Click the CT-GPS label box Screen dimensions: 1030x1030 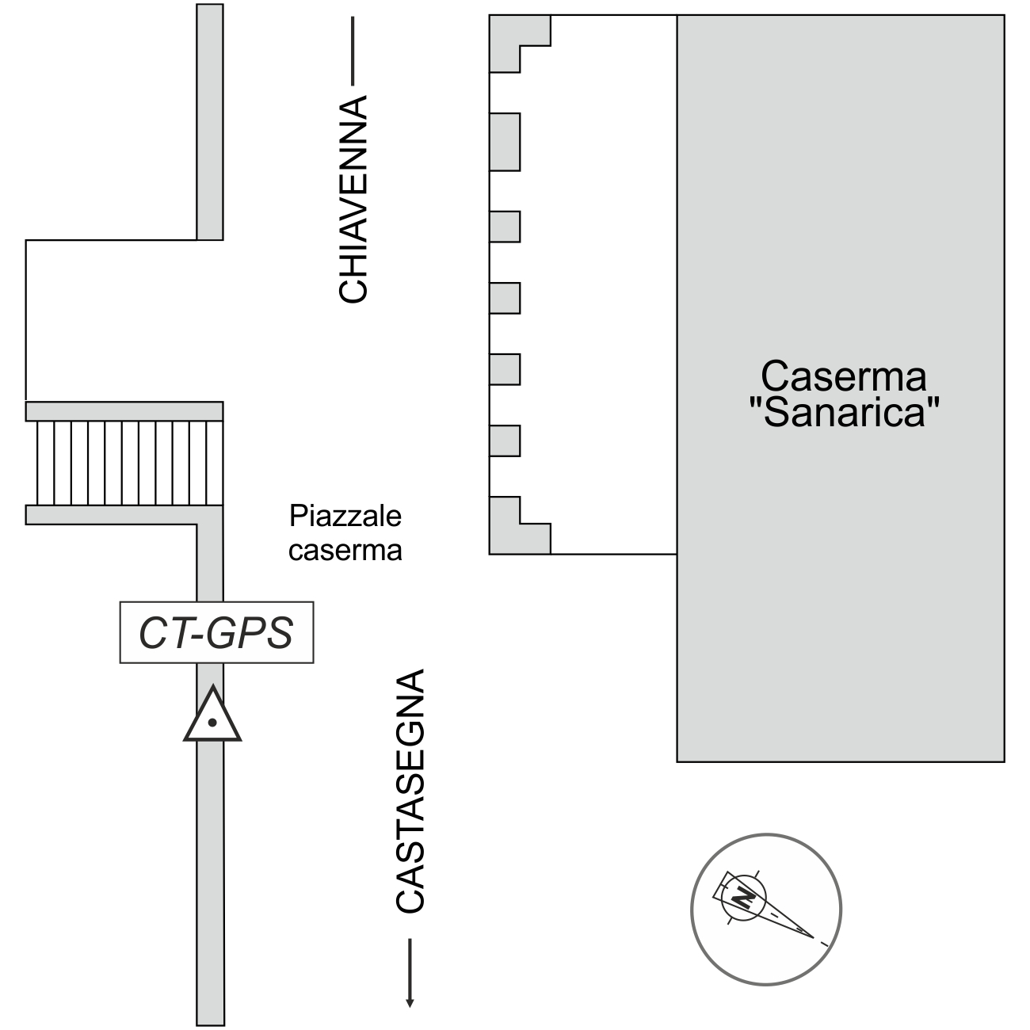point(216,632)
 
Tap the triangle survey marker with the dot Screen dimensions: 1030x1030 point(212,718)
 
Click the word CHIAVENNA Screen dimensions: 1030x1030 point(353,199)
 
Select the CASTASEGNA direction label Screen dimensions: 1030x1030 point(410,791)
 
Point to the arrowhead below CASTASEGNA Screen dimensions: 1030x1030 point(410,1001)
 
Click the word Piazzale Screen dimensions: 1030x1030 point(345,517)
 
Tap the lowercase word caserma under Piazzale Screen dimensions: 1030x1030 point(345,550)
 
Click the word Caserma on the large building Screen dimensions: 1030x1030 point(843,376)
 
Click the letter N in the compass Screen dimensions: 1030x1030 point(743,898)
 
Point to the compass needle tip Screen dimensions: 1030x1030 point(813,937)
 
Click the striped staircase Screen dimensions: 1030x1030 point(124,463)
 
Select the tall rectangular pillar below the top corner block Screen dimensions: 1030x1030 point(505,142)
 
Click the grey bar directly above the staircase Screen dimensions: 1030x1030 point(124,411)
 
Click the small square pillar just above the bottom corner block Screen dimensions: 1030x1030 point(505,441)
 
